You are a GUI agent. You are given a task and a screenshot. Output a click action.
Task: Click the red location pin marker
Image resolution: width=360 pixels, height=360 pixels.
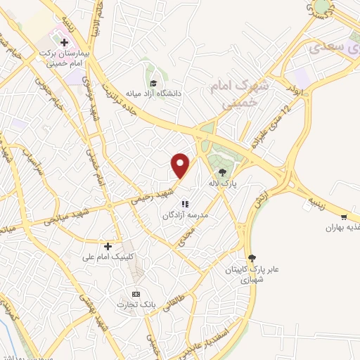[181, 165]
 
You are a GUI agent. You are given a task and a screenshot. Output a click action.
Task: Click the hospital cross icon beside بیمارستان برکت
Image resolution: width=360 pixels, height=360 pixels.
[63, 42]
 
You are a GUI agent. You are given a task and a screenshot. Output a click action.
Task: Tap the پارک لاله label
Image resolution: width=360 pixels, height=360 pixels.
[224, 183]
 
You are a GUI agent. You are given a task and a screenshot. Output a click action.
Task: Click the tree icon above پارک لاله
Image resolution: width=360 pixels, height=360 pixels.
[223, 172]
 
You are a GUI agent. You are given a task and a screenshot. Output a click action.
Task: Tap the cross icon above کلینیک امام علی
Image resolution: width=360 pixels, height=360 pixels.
[108, 246]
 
